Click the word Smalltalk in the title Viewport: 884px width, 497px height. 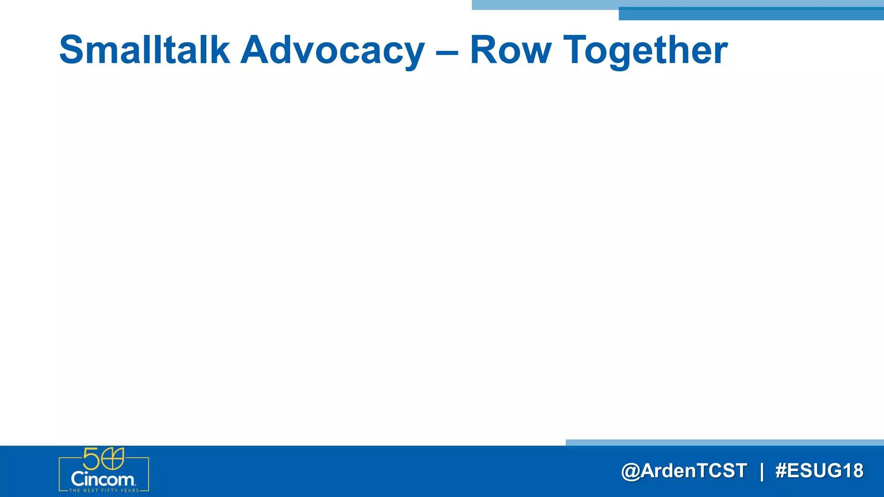click(x=144, y=50)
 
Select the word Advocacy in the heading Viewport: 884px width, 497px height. click(x=332, y=50)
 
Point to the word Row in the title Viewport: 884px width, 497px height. click(x=510, y=50)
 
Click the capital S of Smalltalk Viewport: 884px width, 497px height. click(x=71, y=50)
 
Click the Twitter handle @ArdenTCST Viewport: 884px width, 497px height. click(x=684, y=471)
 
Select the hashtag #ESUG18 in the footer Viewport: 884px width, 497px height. click(x=819, y=471)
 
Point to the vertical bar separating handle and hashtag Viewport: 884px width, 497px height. click(x=761, y=471)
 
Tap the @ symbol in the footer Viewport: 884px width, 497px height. click(x=630, y=471)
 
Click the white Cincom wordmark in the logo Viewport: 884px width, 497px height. click(x=103, y=479)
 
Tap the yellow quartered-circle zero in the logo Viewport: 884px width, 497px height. click(x=112, y=459)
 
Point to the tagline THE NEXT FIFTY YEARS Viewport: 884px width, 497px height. click(x=104, y=491)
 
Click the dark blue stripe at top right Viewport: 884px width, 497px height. click(x=751, y=14)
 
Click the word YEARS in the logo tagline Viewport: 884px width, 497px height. click(x=130, y=491)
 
